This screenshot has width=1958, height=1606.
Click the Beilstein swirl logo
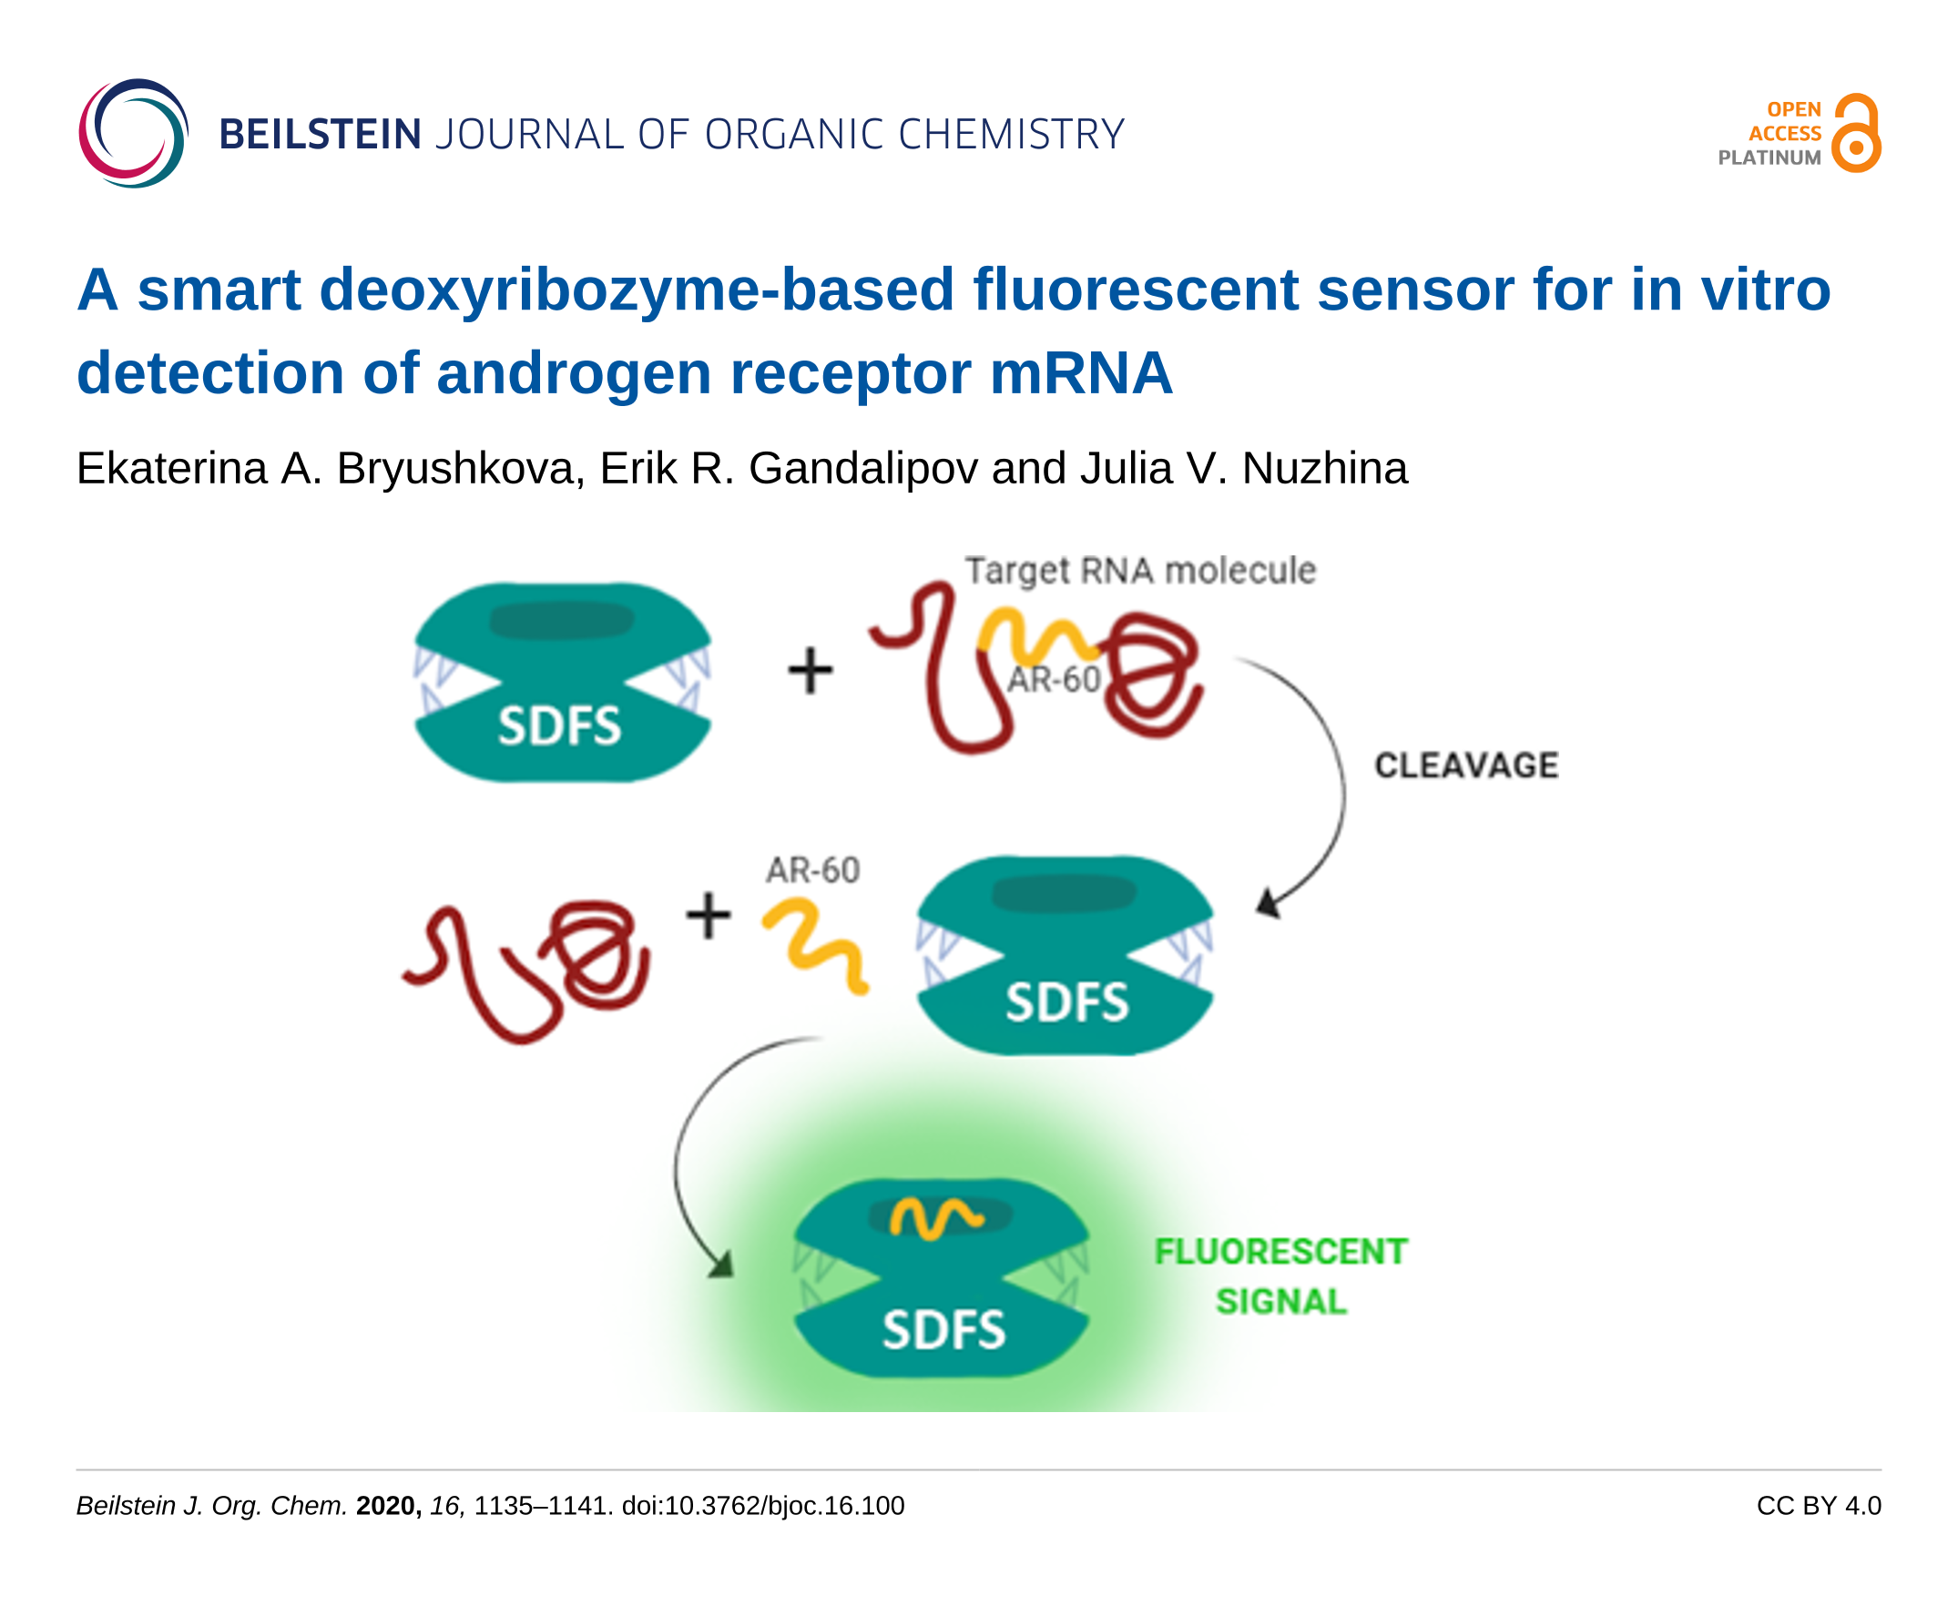pyautogui.click(x=133, y=133)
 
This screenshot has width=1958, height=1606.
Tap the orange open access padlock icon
pyautogui.click(x=1855, y=132)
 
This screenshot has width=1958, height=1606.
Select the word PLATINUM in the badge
pyautogui.click(x=1769, y=158)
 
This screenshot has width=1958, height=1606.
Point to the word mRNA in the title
pyautogui.click(x=1081, y=373)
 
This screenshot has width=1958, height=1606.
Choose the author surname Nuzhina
pyautogui.click(x=1324, y=468)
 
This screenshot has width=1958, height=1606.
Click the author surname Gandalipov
pyautogui.click(x=862, y=469)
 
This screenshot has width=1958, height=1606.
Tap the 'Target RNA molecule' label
pyautogui.click(x=1140, y=571)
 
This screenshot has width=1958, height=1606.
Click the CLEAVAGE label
pyautogui.click(x=1466, y=765)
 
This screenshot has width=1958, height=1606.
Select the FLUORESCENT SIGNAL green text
pyautogui.click(x=1280, y=1276)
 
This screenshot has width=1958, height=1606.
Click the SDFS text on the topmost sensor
pyautogui.click(x=560, y=726)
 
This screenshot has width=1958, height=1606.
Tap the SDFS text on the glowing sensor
pyautogui.click(x=943, y=1330)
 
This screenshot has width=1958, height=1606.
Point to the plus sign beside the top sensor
pyautogui.click(x=810, y=670)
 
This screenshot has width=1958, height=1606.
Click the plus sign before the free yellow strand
pyautogui.click(x=709, y=915)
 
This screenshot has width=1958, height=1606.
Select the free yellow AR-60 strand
pyautogui.click(x=814, y=944)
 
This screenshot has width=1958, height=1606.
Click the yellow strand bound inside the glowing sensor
pyautogui.click(x=935, y=1218)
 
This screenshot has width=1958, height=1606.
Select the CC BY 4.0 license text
pyautogui.click(x=1819, y=1506)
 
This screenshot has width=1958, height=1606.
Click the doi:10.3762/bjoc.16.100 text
pyautogui.click(x=763, y=1506)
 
